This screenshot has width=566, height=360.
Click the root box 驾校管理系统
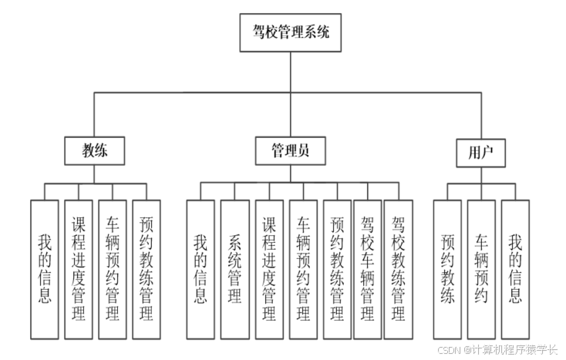pyautogui.click(x=291, y=33)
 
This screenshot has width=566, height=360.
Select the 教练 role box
pyautogui.click(x=95, y=151)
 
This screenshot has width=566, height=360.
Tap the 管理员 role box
pyautogui.click(x=291, y=151)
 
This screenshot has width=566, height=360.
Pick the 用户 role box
pyautogui.click(x=480, y=152)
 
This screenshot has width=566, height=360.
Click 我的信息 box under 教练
pyautogui.click(x=44, y=269)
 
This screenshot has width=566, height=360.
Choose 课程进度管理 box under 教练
pyautogui.click(x=78, y=269)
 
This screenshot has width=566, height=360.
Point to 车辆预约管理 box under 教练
pyautogui.click(x=112, y=269)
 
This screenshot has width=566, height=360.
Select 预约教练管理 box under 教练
pyautogui.click(x=146, y=269)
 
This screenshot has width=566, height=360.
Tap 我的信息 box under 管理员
pyautogui.click(x=200, y=269)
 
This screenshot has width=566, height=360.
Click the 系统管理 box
pyautogui.click(x=234, y=269)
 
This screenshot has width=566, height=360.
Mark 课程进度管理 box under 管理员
pyautogui.click(x=269, y=269)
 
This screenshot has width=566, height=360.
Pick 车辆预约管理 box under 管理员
pyautogui.click(x=303, y=269)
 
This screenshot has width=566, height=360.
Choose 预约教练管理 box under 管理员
pyautogui.click(x=337, y=269)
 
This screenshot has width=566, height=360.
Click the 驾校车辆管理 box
pyautogui.click(x=368, y=269)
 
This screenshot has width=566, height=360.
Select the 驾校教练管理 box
pyautogui.click(x=398, y=269)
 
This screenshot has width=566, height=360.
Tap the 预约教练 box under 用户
pyautogui.click(x=447, y=269)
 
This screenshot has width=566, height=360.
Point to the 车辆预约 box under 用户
pyautogui.click(x=481, y=269)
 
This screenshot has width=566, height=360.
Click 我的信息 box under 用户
pyautogui.click(x=515, y=269)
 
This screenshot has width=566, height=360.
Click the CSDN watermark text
pyautogui.click(x=497, y=349)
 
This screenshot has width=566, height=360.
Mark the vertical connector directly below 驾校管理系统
pyautogui.click(x=291, y=72)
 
